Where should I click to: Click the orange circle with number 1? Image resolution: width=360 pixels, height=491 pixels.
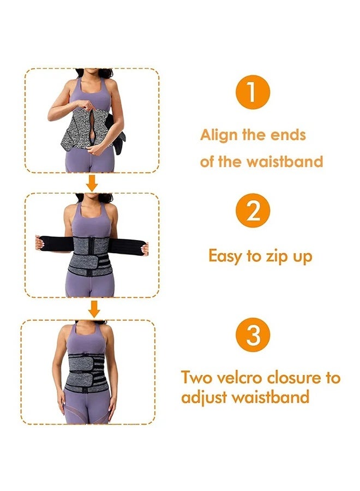point(252,93)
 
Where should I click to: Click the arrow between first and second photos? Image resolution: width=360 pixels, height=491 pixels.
point(93,183)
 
